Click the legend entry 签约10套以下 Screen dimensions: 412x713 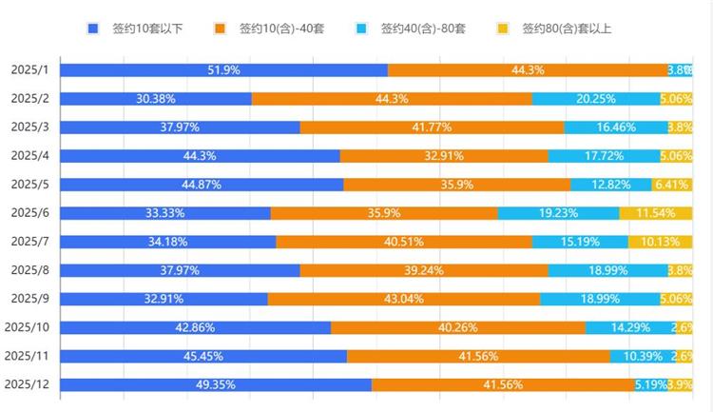pos(132,29)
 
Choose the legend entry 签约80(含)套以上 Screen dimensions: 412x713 pos(556,29)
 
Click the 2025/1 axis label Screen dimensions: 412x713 pos(29,70)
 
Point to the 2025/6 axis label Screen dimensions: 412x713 pos(29,213)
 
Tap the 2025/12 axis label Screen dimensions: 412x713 pos(27,384)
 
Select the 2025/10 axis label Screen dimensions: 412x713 pos(27,327)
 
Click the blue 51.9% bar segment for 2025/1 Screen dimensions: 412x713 pos(223,70)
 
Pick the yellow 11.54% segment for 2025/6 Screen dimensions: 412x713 pos(656,213)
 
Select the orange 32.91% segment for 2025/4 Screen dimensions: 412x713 pos(444,156)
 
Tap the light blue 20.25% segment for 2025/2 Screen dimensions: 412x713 pos(596,99)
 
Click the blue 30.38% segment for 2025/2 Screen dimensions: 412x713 pos(156,99)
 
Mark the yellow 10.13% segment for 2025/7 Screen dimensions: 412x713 pos(660,242)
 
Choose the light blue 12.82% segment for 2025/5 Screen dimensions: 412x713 pos(611,185)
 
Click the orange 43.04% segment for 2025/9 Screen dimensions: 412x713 pos(404,299)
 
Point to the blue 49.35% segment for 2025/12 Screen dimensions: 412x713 pos(216,384)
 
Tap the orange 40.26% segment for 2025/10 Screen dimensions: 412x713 pos(458,327)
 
